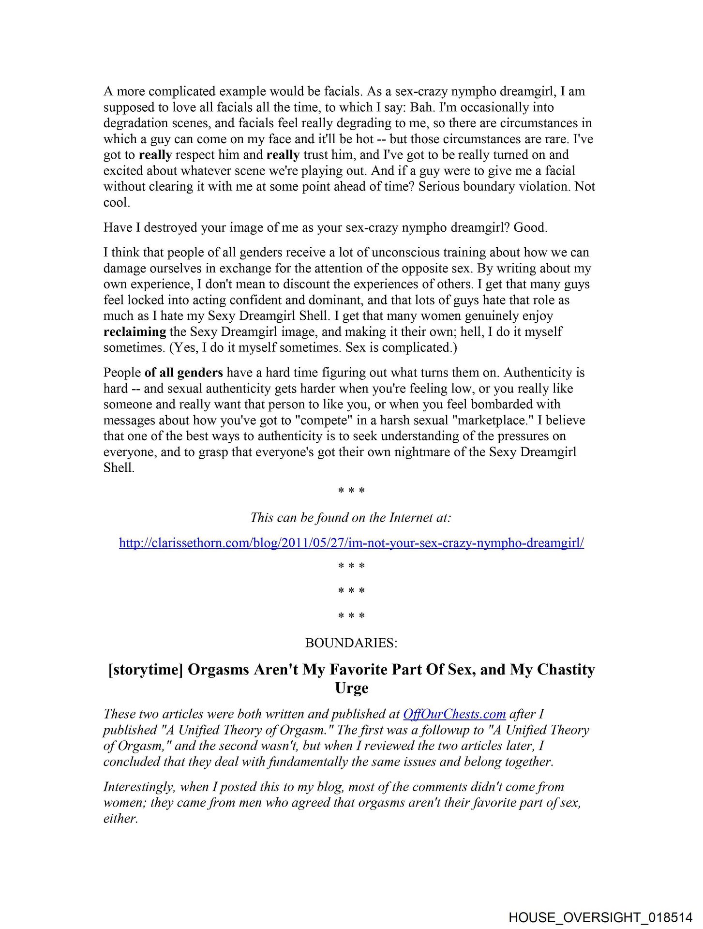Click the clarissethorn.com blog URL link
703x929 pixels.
351,543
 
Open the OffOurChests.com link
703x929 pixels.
454,714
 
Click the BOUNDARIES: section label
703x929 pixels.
351,643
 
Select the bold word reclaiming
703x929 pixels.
135,332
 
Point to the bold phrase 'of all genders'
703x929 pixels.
184,373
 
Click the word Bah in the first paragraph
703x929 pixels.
421,107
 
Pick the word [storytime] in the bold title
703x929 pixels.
146,670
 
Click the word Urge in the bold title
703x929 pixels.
352,688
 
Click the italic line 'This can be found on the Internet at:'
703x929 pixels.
351,518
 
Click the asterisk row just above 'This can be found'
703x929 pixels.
351,491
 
